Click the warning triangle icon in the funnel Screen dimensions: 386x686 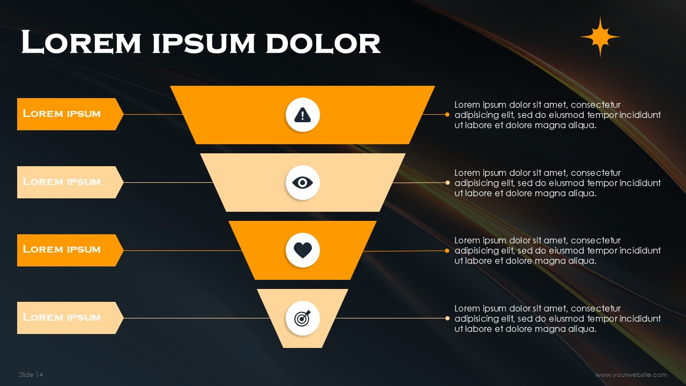303,115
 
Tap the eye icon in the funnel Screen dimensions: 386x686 303,183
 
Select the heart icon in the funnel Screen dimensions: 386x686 303,250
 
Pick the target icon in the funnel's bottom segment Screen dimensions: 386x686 303,318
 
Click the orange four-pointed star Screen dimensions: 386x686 600,37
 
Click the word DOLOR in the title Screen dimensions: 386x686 323,43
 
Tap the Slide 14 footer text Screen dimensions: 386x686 31,375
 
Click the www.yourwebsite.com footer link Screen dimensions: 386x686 631,375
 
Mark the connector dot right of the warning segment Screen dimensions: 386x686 447,115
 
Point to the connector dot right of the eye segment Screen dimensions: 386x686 448,183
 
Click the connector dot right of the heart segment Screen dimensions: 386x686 447,250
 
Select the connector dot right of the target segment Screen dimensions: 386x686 448,318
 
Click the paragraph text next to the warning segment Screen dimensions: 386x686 557,115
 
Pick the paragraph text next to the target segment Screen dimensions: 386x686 557,318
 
